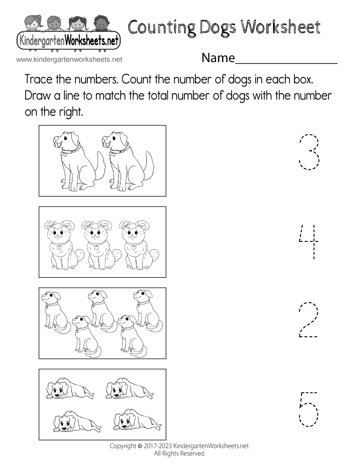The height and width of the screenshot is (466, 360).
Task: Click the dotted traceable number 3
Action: click(x=309, y=152)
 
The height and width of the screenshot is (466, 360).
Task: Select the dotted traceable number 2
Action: click(x=309, y=321)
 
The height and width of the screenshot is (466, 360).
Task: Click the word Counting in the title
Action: click(x=160, y=28)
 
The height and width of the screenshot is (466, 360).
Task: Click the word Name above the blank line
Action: click(x=218, y=58)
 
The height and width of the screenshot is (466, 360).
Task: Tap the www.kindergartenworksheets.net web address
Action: click(x=69, y=59)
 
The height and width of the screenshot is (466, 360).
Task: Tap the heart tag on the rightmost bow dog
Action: click(x=135, y=247)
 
